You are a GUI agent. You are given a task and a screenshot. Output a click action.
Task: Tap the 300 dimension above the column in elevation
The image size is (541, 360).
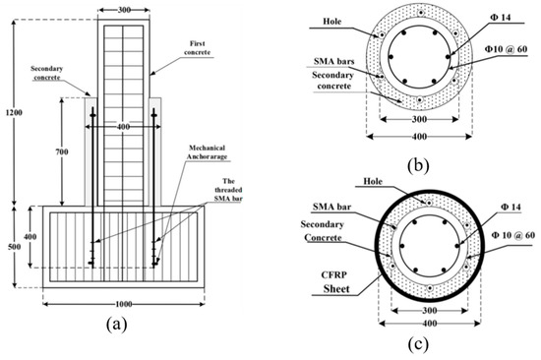126,8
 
